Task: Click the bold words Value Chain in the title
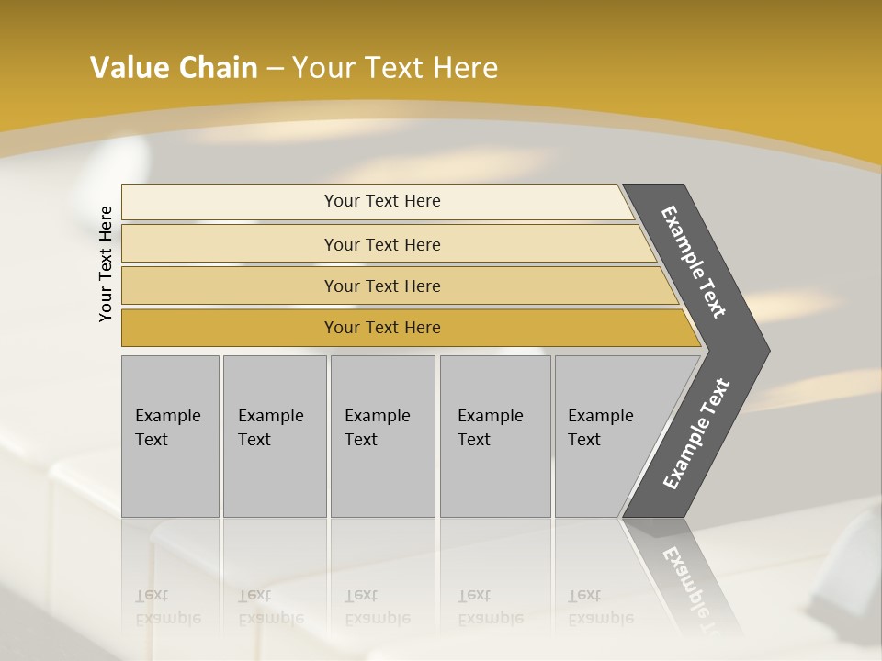(x=174, y=67)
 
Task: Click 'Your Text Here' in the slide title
(x=395, y=67)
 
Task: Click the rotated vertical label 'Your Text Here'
(x=106, y=263)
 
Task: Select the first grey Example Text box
(x=170, y=436)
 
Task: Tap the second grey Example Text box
(x=275, y=436)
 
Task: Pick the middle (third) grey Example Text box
(x=382, y=436)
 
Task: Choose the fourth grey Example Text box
(x=495, y=436)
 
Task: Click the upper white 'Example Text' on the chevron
(x=694, y=262)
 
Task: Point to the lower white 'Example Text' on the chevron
(x=696, y=434)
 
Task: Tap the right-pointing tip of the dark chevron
(x=764, y=351)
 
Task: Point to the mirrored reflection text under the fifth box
(x=600, y=607)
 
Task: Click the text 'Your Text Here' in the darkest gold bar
(x=382, y=328)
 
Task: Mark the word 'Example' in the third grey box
(x=377, y=416)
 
